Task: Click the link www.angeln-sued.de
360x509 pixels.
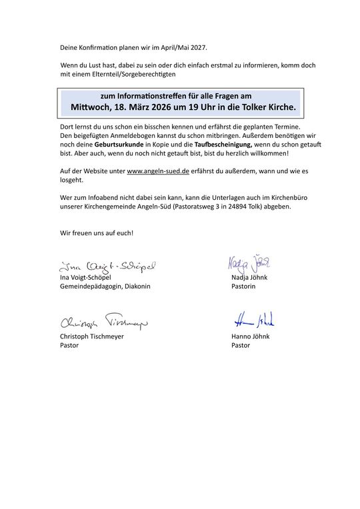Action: (157, 171)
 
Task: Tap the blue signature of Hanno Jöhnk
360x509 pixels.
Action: (254, 320)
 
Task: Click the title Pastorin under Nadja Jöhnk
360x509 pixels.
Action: (243, 286)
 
